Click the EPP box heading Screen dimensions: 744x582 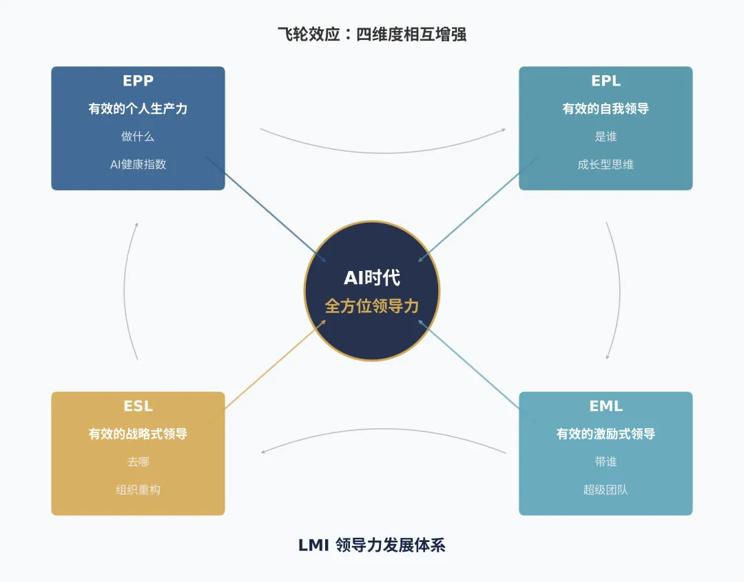pyautogui.click(x=138, y=81)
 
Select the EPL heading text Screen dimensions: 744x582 pyautogui.click(x=606, y=81)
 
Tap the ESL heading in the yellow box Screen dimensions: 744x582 pyautogui.click(x=138, y=406)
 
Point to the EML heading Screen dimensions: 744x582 pyautogui.click(x=606, y=406)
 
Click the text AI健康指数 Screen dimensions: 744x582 pyautogui.click(x=138, y=165)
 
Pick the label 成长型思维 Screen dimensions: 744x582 pyautogui.click(x=606, y=165)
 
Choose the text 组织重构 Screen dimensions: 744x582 pyautogui.click(x=138, y=490)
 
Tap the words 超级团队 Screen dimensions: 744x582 pyautogui.click(x=606, y=490)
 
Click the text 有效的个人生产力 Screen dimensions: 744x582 pyautogui.click(x=138, y=109)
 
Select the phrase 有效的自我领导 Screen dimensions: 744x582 pyautogui.click(x=606, y=109)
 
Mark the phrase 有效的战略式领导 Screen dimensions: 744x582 pyautogui.click(x=138, y=434)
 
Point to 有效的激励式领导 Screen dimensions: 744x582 pyautogui.click(x=606, y=434)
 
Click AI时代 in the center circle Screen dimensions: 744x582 pyautogui.click(x=372, y=278)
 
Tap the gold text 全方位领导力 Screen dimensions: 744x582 pyautogui.click(x=372, y=306)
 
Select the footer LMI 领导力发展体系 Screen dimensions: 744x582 pyautogui.click(x=372, y=545)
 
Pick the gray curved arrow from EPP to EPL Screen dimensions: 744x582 pyautogui.click(x=383, y=152)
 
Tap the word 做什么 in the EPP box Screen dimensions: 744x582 pyautogui.click(x=138, y=137)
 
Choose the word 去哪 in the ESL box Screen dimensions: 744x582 pyautogui.click(x=138, y=462)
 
